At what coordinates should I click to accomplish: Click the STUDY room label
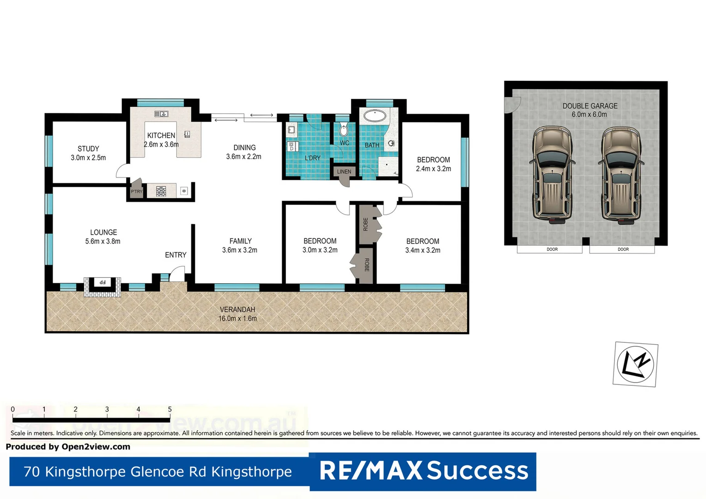tap(88, 149)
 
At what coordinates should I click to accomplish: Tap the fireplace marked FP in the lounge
tap(103, 282)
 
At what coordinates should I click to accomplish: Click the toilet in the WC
tap(344, 129)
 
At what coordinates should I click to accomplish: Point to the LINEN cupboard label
tap(344, 171)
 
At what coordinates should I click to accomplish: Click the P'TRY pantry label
tap(136, 191)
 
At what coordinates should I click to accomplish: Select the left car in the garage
tap(552, 175)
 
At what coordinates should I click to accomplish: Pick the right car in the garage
tap(621, 175)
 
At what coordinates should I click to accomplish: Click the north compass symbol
tap(636, 364)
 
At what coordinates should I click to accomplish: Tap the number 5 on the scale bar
tap(170, 409)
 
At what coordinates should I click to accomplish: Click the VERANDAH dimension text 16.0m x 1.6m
tap(237, 318)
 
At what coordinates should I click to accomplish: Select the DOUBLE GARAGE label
tap(590, 106)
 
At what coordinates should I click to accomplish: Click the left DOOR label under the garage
tap(552, 249)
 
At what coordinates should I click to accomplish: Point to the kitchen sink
tap(161, 114)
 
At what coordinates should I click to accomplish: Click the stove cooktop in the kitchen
tap(161, 191)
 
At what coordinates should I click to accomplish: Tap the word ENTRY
tap(176, 255)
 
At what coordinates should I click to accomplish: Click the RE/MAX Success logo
tap(423, 471)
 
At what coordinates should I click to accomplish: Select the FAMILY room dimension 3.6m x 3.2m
tap(239, 250)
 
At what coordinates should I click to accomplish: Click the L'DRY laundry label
tap(312, 158)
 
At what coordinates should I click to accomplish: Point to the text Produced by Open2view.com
tap(68, 447)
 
